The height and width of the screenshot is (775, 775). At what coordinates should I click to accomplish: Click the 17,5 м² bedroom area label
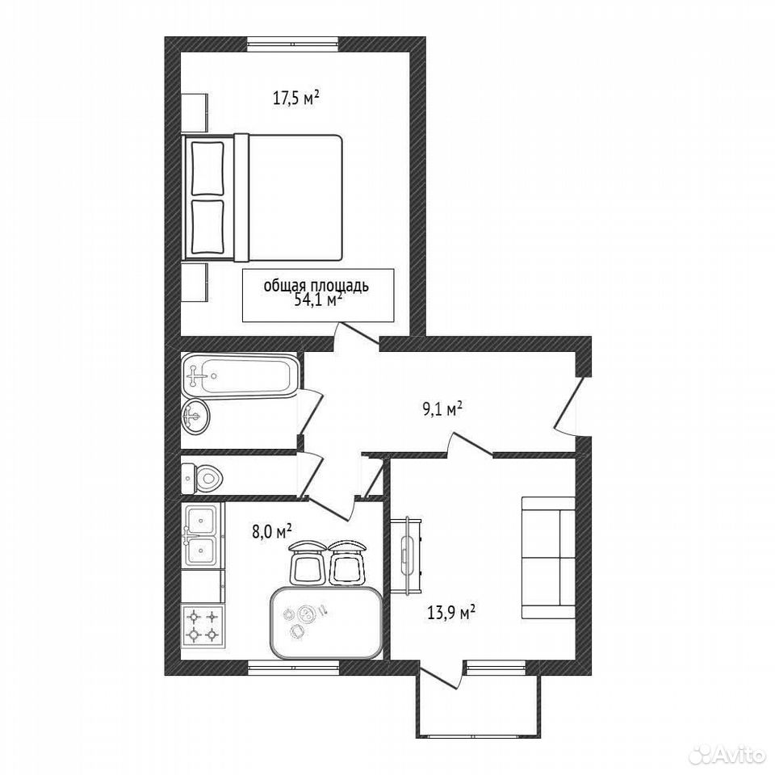(296, 98)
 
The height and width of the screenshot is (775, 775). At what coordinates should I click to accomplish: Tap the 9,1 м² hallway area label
(442, 408)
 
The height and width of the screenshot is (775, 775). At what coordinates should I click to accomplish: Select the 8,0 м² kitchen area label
(271, 531)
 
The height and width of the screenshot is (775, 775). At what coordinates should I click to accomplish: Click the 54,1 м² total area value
(318, 300)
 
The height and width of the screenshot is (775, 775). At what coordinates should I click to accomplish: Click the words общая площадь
(316, 286)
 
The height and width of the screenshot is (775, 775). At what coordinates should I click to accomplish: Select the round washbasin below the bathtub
(195, 417)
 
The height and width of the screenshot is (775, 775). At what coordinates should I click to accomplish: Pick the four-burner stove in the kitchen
(203, 625)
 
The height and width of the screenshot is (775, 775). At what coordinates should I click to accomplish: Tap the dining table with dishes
(327, 622)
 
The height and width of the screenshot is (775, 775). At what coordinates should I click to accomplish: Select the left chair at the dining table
(307, 563)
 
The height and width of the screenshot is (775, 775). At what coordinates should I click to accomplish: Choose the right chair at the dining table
(346, 563)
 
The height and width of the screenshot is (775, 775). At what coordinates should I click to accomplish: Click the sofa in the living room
(549, 558)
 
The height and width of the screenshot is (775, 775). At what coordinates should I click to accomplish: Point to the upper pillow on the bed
(207, 169)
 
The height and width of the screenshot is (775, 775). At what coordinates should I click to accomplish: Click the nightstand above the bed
(195, 113)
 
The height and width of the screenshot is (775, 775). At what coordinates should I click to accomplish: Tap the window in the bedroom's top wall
(293, 44)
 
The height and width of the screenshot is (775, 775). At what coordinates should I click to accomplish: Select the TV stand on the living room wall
(406, 555)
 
